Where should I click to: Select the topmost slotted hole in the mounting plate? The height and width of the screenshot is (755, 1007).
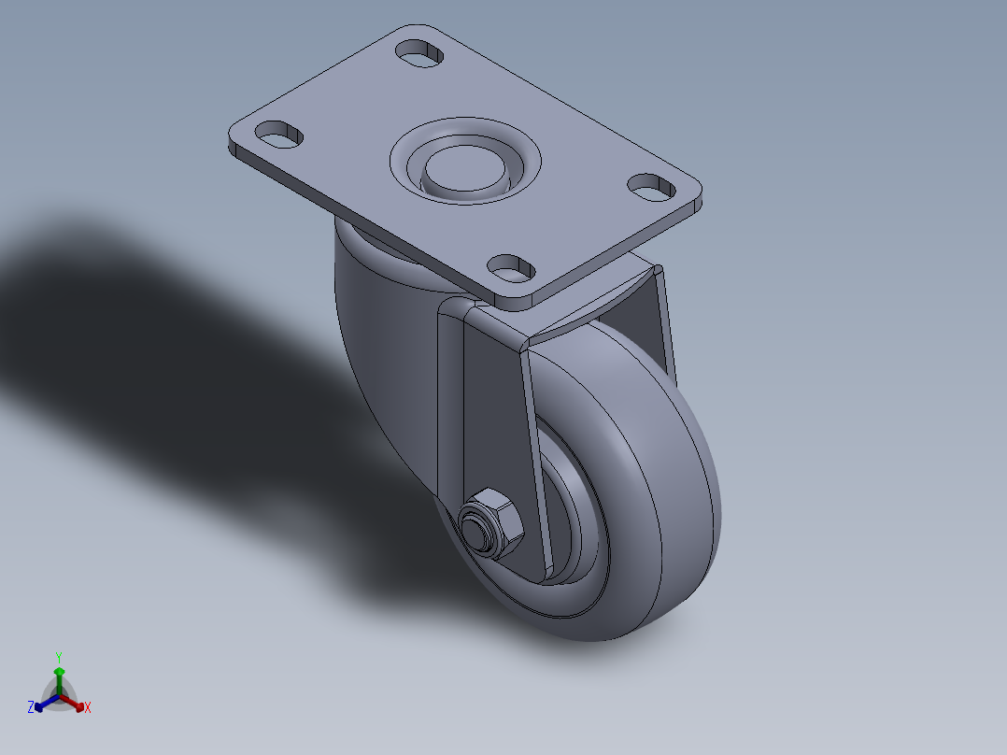(x=420, y=51)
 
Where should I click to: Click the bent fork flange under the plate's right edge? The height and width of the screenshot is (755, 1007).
(x=598, y=308)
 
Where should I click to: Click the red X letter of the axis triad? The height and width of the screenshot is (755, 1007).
(x=88, y=708)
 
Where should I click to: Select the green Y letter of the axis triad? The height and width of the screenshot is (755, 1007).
(x=58, y=657)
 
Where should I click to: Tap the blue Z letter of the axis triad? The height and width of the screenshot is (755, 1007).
(x=31, y=708)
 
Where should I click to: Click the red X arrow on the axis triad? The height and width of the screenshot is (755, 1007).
(x=77, y=703)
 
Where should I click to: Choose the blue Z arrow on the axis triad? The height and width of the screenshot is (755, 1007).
(x=42, y=703)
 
